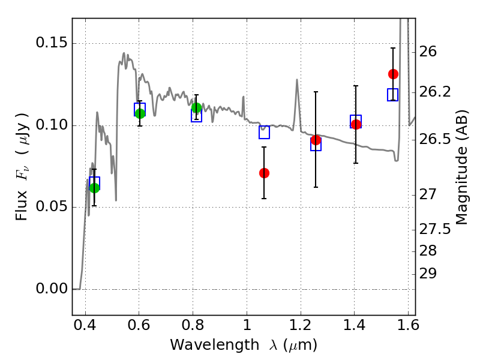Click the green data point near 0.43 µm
click(95, 188)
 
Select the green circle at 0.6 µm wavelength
click(140, 113)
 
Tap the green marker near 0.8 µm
click(197, 108)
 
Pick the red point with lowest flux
click(264, 173)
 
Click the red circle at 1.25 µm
click(316, 140)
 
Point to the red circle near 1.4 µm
click(356, 124)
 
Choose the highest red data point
click(393, 74)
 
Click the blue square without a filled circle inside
click(264, 132)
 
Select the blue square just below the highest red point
click(392, 95)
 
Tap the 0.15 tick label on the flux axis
click(52, 43)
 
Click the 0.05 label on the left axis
click(52, 206)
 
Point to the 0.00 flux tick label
click(52, 289)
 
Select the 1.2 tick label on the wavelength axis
click(301, 325)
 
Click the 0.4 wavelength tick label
click(85, 325)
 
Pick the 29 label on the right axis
click(428, 274)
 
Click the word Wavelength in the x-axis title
click(215, 345)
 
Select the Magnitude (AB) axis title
click(462, 167)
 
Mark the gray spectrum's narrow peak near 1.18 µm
click(296, 80)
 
